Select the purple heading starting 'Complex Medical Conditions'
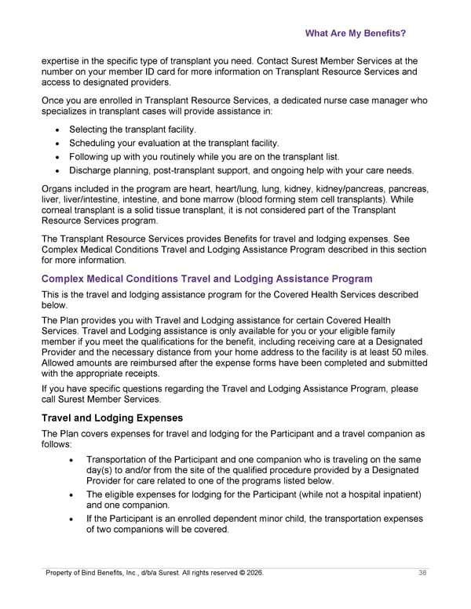click(206, 279)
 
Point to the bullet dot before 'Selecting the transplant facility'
click(57, 129)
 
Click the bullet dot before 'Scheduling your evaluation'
click(57, 143)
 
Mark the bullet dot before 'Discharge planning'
click(57, 171)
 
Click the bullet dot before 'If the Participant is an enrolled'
click(73, 519)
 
